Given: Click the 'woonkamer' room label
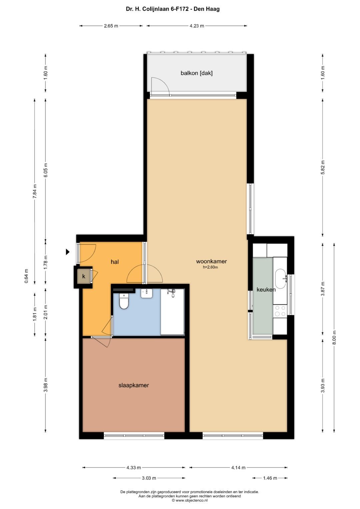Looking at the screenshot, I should tap(211, 261).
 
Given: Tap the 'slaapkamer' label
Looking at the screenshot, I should tap(134, 385).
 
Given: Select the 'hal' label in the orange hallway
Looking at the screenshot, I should tap(115, 262).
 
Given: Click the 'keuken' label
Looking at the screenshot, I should tap(266, 290).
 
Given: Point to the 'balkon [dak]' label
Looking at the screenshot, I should tap(196, 73).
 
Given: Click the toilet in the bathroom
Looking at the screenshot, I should tap(124, 302).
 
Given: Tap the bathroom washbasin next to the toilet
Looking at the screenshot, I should tap(147, 293).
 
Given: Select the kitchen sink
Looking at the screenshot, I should tap(280, 279).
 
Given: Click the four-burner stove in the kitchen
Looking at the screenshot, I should tap(280, 311).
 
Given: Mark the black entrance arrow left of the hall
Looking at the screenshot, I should tap(68, 252).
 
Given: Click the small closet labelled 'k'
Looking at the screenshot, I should tap(84, 276).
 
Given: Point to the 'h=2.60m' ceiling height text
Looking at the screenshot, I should tap(210, 267).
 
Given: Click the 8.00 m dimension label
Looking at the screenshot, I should tap(334, 338).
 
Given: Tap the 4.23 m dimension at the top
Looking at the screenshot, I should tap(197, 26).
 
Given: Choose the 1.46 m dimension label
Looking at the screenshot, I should tap(270, 478).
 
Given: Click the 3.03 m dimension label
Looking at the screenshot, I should tap(149, 478).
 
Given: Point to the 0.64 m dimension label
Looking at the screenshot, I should tap(26, 276).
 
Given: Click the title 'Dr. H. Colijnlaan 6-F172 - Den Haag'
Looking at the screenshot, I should tap(173, 9).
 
